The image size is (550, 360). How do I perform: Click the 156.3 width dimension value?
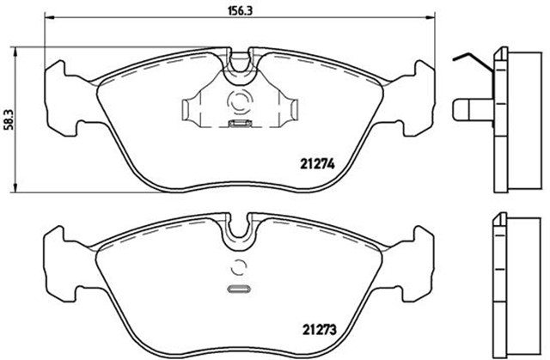241,11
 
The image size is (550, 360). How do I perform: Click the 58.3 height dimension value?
8,119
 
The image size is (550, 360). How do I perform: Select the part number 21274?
317,164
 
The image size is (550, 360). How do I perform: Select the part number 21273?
319,330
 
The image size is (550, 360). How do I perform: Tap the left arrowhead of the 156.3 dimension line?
49,17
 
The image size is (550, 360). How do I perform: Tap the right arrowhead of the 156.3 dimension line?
431,17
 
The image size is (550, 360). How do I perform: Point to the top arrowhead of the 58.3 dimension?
15,52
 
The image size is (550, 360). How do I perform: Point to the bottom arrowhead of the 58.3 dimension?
15,187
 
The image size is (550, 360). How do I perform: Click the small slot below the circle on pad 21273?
239,290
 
